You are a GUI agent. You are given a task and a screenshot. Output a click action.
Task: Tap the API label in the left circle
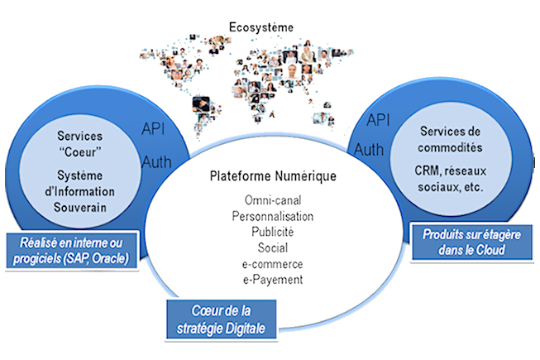[155, 129]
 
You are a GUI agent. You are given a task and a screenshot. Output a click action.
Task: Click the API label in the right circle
[378, 119]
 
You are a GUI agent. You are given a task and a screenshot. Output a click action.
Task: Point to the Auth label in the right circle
[369, 150]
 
